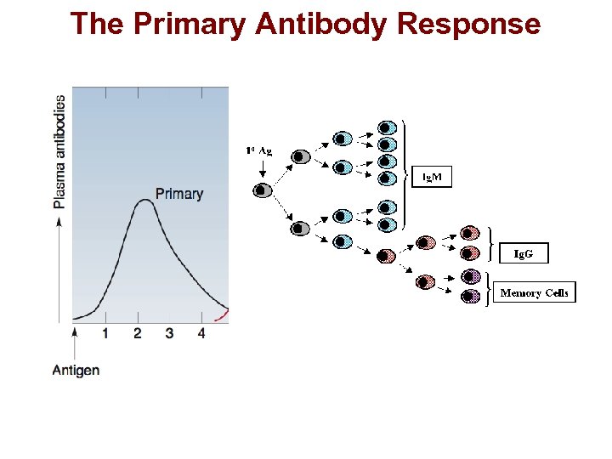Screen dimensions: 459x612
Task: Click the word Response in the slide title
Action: pos(468,24)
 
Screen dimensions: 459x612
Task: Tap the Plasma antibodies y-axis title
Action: pos(59,151)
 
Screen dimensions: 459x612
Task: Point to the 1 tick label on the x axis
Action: pos(105,333)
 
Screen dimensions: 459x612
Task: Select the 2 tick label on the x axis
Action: pos(137,333)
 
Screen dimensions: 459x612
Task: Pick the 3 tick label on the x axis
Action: pos(169,333)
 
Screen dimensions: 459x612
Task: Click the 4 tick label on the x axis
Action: pos(201,333)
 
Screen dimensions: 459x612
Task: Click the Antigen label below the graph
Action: pos(76,370)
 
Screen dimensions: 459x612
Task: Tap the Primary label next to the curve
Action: pos(179,194)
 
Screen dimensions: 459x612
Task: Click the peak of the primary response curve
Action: pos(143,201)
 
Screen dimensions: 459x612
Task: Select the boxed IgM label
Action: pos(433,177)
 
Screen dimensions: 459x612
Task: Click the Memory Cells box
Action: pos(534,292)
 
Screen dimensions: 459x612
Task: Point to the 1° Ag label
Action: pos(259,150)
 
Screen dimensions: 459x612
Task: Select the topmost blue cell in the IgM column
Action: pos(387,127)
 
